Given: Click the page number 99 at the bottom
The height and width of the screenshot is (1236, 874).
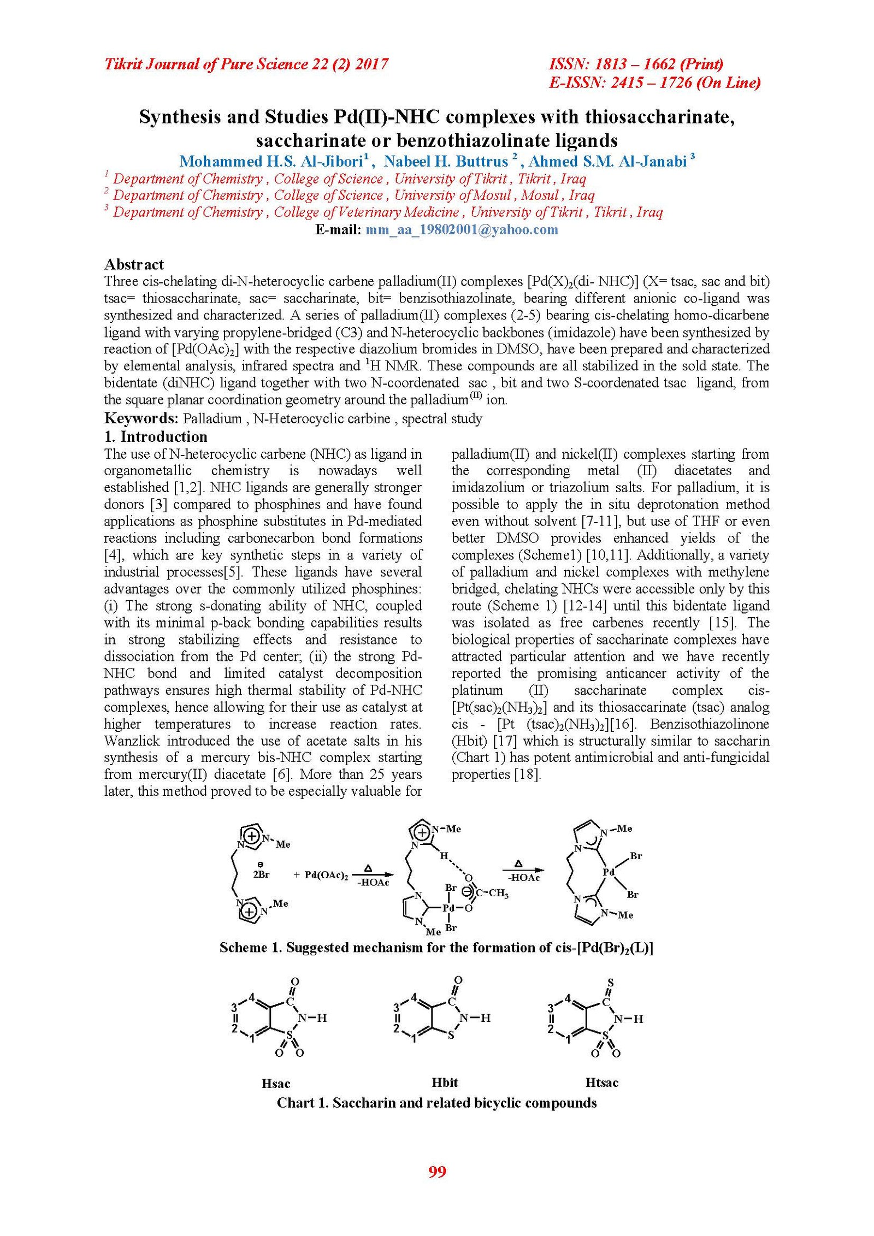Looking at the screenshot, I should [437, 1172].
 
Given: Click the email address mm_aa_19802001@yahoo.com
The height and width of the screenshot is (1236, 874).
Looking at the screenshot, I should [462, 229].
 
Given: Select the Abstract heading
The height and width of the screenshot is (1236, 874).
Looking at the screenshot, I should [134, 264].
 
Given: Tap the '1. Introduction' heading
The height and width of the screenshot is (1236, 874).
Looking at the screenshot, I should [156, 436].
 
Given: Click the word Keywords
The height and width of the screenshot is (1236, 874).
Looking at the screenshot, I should [141, 418].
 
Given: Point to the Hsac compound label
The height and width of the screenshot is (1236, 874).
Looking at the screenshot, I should [276, 1084].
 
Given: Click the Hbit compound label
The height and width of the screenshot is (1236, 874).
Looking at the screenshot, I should [445, 1083].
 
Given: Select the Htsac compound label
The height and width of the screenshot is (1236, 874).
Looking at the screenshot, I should [602, 1083].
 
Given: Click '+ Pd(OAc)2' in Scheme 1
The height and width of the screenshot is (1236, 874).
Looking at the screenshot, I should [321, 874].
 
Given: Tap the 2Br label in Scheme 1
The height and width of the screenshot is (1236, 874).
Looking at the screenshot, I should [262, 874].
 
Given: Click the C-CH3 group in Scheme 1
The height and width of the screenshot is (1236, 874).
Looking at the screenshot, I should [492, 893].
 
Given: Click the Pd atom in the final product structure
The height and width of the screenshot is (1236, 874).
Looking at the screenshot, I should [609, 872].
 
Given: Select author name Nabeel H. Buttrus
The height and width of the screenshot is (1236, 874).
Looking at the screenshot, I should [446, 162].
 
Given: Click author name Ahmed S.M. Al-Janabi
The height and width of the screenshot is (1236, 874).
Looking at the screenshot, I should [607, 162].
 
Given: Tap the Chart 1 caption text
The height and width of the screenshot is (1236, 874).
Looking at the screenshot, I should [436, 1103].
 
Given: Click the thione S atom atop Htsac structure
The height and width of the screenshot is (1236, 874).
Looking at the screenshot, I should [611, 982].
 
